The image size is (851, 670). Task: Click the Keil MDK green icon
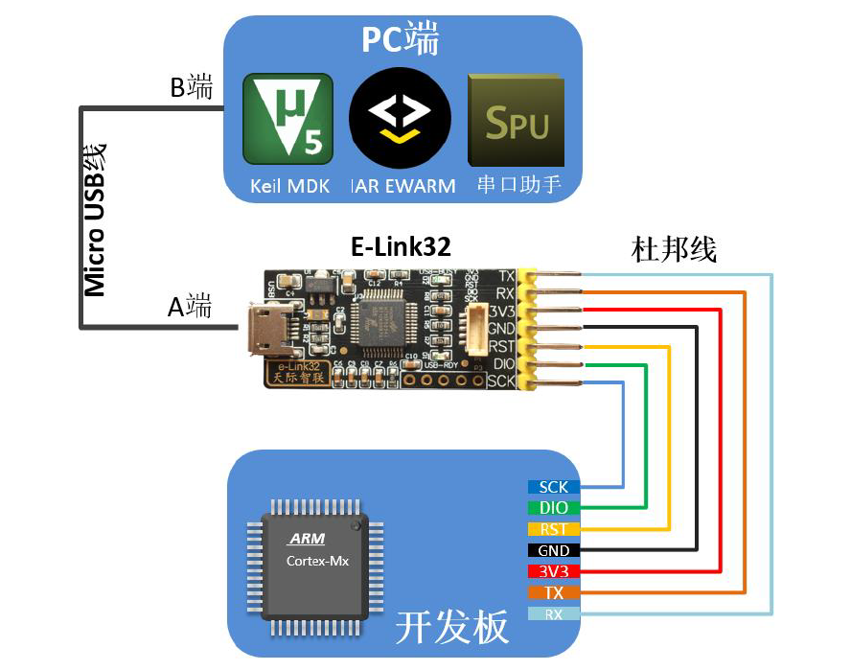pyautogui.click(x=288, y=119)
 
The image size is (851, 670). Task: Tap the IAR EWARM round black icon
pyautogui.click(x=400, y=119)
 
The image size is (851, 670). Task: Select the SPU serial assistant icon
pyautogui.click(x=516, y=121)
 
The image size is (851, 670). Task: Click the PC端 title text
pyautogui.click(x=401, y=40)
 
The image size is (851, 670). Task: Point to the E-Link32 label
pyautogui.click(x=401, y=247)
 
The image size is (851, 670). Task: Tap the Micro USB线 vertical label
pyautogui.click(x=95, y=219)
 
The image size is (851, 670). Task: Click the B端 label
pyautogui.click(x=192, y=88)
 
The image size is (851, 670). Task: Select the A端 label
pyautogui.click(x=190, y=307)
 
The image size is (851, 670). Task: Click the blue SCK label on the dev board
pyautogui.click(x=554, y=487)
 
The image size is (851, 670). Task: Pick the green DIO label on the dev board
pyautogui.click(x=554, y=508)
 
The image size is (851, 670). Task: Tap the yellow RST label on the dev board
pyautogui.click(x=554, y=529)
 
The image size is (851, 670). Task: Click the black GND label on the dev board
pyautogui.click(x=554, y=550)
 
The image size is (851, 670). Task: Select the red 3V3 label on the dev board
pyautogui.click(x=554, y=571)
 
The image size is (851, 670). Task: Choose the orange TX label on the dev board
pyautogui.click(x=554, y=592)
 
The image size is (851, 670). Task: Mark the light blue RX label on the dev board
pyautogui.click(x=554, y=613)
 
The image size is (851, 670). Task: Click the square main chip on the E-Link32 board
pyautogui.click(x=383, y=322)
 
